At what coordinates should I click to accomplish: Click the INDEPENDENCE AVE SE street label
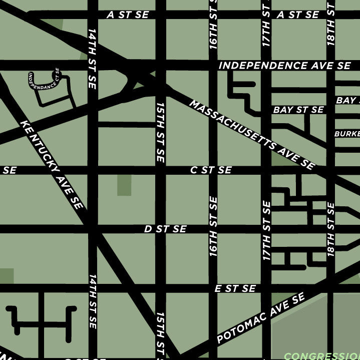[x=284, y=66]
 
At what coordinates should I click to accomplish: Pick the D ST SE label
[x=165, y=229]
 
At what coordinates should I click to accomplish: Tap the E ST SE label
[x=235, y=288]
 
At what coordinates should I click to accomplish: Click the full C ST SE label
[x=211, y=170]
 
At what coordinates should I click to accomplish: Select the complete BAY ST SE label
[x=298, y=110]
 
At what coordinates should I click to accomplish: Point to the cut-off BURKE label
[x=347, y=134]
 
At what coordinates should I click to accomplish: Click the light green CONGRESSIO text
[x=321, y=356]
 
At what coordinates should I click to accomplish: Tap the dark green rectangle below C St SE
[x=124, y=186]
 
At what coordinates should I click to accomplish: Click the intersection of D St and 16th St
[x=213, y=229]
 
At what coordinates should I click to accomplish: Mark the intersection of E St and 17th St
[x=266, y=288]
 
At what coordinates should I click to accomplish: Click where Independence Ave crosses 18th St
[x=330, y=66]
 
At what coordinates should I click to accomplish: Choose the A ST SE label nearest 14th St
[x=128, y=15]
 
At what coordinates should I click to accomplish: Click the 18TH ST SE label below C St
[x=330, y=229]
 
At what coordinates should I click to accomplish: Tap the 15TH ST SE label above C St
[x=160, y=132]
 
